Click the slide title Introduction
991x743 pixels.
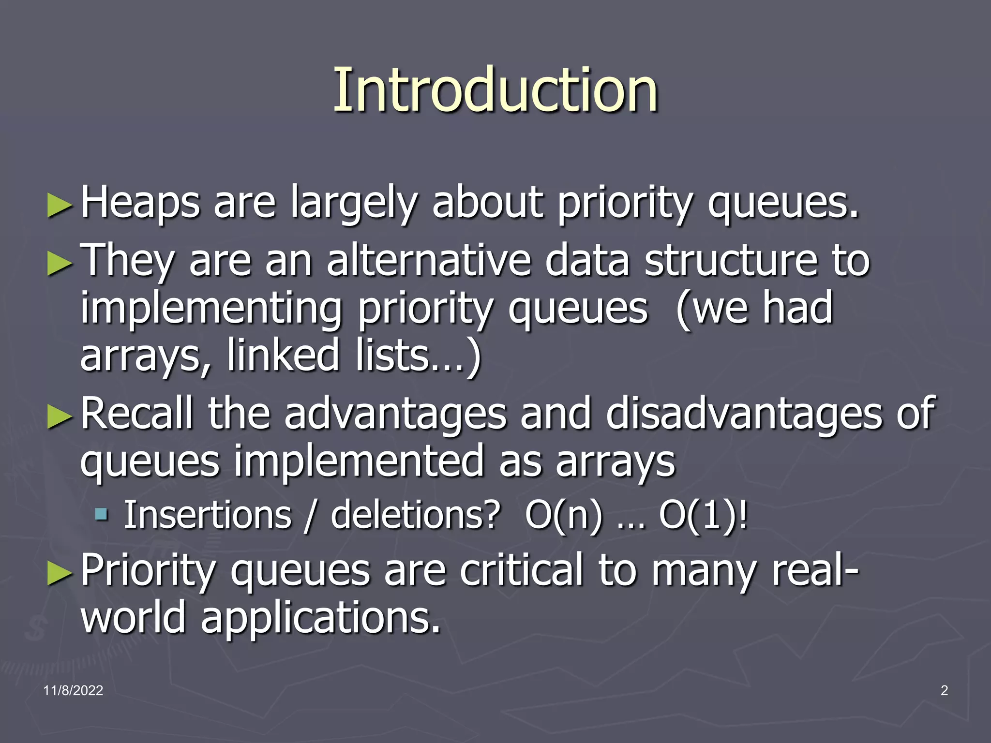pos(495,90)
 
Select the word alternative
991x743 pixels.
pos(429,261)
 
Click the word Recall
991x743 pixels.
pos(136,414)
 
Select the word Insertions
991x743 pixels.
pos(208,515)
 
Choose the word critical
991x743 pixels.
pos(522,571)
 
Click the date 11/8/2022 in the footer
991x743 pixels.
pos(73,690)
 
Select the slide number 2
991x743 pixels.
pos(944,690)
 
